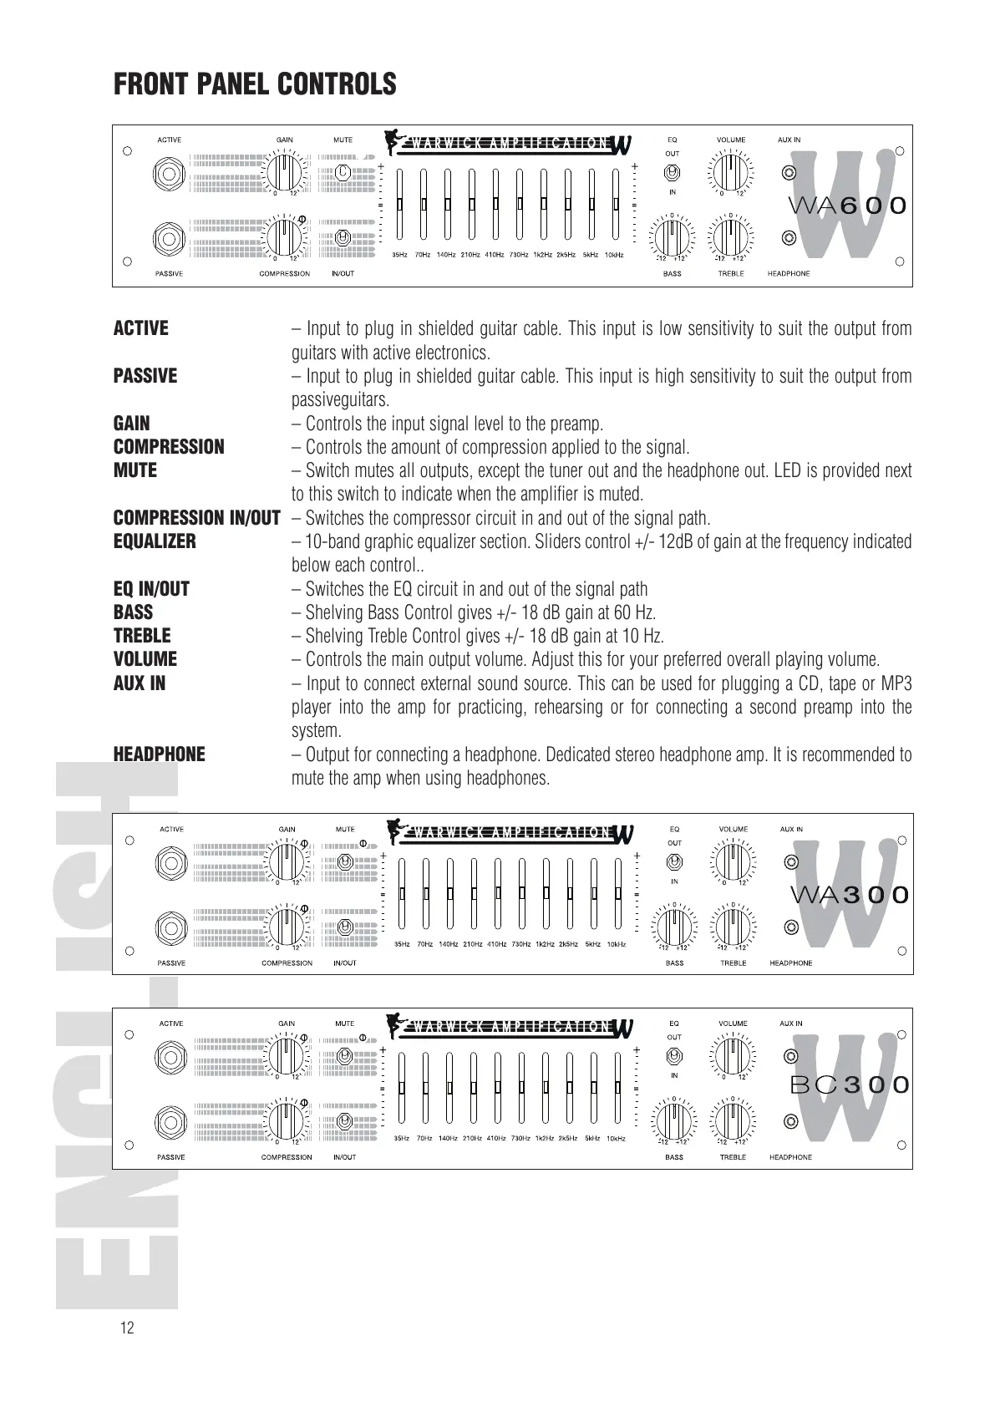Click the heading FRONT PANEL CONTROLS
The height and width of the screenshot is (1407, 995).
click(x=255, y=84)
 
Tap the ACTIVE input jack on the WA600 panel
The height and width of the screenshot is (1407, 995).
click(x=170, y=175)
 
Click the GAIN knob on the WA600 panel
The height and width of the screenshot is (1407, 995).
click(x=285, y=174)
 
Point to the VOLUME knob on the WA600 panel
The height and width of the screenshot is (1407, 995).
click(x=731, y=174)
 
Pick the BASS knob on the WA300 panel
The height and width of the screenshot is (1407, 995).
click(x=674, y=927)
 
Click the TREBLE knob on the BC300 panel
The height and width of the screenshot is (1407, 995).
click(x=733, y=1120)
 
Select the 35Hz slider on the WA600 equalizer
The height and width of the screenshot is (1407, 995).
click(x=400, y=204)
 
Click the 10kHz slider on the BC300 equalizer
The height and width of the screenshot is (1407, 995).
click(x=617, y=1088)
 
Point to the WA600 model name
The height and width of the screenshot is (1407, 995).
click(x=848, y=206)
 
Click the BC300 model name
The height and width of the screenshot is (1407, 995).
click(x=849, y=1085)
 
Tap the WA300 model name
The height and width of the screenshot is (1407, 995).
click(x=849, y=895)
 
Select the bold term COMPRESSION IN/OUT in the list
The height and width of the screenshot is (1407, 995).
click(x=197, y=518)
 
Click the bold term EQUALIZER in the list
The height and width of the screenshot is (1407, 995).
click(x=155, y=541)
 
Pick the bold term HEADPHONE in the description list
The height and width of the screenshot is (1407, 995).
click(x=159, y=754)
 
